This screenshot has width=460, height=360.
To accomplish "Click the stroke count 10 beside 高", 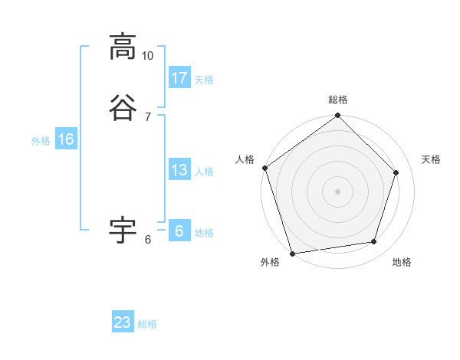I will [148, 56].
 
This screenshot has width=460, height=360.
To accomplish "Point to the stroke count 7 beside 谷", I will [148, 116].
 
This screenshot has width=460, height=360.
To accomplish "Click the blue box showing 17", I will [179, 78].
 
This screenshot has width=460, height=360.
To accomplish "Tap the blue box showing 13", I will [179, 170].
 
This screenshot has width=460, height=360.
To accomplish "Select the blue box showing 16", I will [66, 139].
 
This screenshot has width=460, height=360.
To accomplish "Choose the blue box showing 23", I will [123, 322].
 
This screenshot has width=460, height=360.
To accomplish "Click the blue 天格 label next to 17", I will [204, 79].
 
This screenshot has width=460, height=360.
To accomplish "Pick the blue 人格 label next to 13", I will [204, 171].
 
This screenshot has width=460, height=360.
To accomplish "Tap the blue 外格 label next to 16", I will [41, 140].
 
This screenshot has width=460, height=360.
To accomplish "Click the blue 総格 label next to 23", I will [147, 323].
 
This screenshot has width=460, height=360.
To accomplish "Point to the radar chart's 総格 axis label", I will [338, 100].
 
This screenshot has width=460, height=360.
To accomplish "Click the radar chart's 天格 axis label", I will [431, 159].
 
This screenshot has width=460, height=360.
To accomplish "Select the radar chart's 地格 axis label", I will [402, 262].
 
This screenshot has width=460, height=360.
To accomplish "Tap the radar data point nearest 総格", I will [337, 116].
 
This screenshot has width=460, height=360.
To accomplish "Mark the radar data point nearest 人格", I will [265, 168].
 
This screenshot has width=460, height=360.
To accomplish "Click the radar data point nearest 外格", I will [292, 253].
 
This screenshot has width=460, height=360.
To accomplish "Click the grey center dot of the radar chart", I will [337, 191].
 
